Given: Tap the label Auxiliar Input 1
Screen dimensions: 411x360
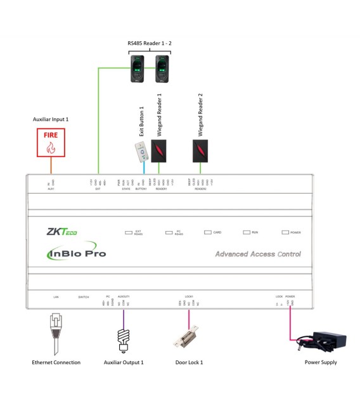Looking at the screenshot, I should coord(50,119).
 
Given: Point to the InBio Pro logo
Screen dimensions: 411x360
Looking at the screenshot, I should coord(77,253).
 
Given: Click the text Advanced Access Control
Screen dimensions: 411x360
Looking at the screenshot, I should coord(258,254).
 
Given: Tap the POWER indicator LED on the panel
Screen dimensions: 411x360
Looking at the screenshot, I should coord(285,232).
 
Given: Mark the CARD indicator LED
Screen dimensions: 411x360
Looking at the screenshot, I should coord(207,232).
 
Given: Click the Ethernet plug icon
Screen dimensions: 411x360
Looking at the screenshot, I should coord(56,330).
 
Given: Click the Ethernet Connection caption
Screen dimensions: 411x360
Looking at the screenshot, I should coord(56,362).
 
